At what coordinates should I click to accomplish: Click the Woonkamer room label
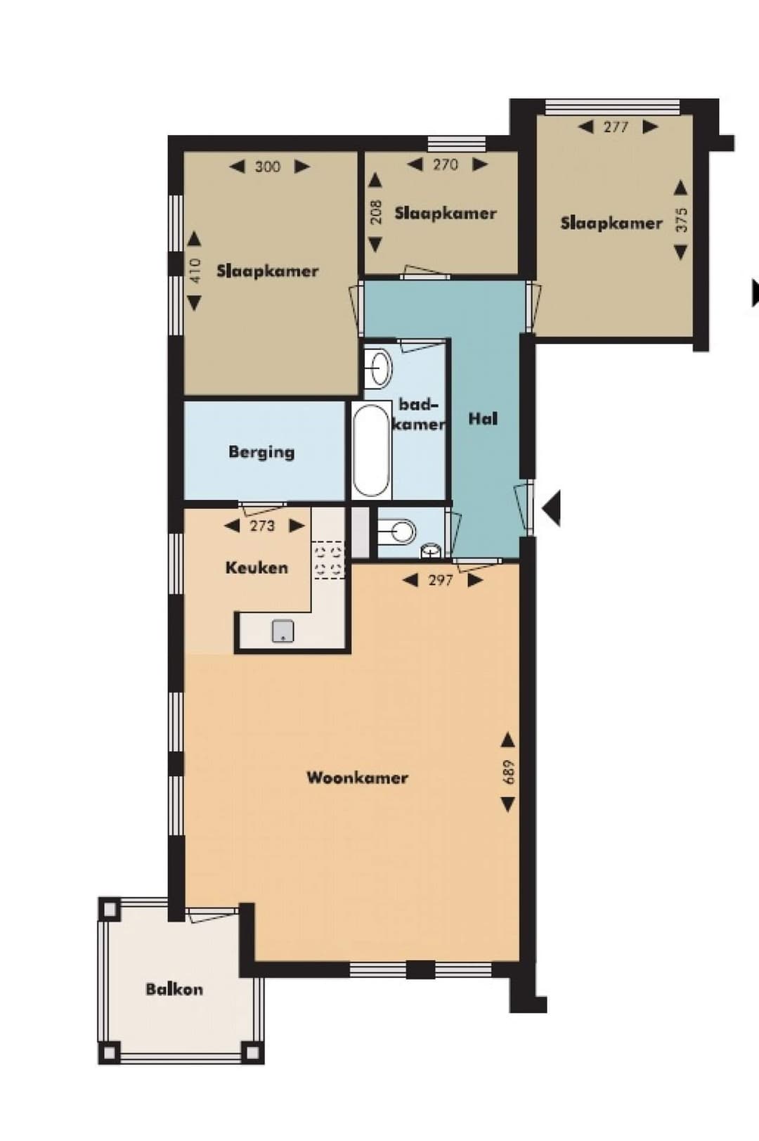coord(357,778)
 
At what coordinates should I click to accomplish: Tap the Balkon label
coord(174,990)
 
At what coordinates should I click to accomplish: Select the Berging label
coord(261,452)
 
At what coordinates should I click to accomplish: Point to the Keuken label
coord(257,567)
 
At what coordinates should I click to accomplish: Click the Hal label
coord(483,419)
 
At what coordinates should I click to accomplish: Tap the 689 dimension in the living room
coord(508,772)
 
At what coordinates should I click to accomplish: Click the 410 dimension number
coord(195,271)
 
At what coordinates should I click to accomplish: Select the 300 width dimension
coord(267,167)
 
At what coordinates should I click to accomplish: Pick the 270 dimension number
coord(445,165)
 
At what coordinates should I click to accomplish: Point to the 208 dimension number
coord(375,212)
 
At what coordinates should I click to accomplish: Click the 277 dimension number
coord(616,127)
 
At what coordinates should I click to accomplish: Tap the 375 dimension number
coord(680,220)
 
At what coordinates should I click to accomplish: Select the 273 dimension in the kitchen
coord(262,526)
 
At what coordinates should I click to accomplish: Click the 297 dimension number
coord(440,580)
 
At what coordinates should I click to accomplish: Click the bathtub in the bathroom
coord(370,451)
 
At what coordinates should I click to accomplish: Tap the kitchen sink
coord(283,631)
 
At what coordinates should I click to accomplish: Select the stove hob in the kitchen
coord(328,560)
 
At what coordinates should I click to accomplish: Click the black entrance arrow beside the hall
coord(550,508)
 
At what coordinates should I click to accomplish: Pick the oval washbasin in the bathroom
coord(380,368)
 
